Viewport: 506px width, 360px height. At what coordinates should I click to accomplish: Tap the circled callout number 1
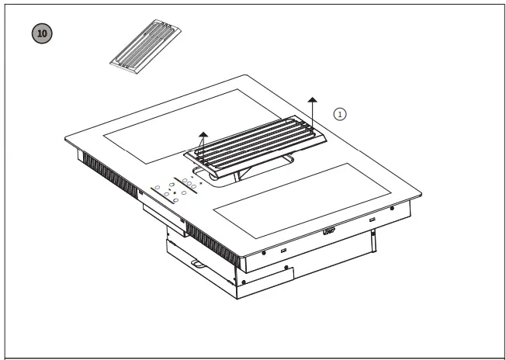point(339,113)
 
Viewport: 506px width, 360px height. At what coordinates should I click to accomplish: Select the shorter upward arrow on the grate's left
point(203,140)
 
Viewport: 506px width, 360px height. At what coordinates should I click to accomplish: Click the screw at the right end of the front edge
point(392,208)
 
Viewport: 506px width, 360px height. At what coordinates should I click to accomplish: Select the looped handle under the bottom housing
point(196,267)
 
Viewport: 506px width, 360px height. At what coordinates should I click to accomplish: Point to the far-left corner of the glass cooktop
point(66,139)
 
